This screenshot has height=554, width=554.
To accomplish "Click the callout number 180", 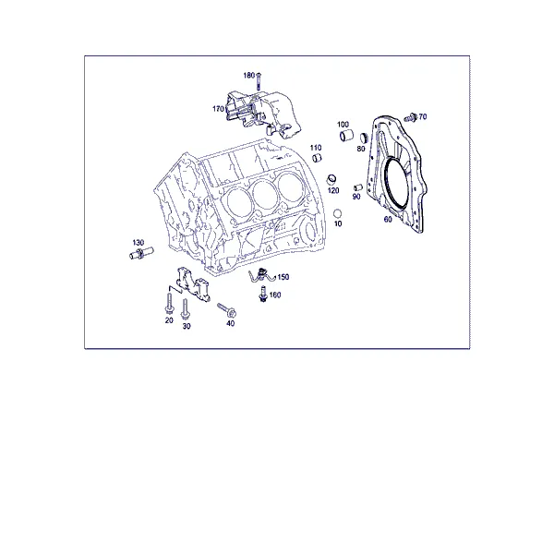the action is (248, 76).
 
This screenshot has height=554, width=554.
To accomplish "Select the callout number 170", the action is (218, 109).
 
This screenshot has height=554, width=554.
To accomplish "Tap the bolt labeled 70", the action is (410, 117).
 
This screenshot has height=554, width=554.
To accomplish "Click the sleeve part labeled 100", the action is (346, 136).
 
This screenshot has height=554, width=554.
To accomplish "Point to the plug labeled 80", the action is (365, 138).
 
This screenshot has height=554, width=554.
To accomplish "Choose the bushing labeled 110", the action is (317, 158).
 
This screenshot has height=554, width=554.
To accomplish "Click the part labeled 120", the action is (331, 179).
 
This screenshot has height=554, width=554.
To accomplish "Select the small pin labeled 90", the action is (358, 187).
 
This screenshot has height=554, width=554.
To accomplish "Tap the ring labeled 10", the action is (338, 213).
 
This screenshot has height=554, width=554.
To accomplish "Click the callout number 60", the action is (388, 220).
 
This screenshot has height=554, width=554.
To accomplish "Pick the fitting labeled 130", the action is (141, 253).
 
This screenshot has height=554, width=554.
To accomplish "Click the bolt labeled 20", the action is (169, 304).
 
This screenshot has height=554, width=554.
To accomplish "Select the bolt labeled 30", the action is (185, 309).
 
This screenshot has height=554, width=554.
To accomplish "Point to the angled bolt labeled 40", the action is (227, 310).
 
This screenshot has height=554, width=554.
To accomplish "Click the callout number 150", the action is (283, 277).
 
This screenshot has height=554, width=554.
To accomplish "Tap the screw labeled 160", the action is (262, 294).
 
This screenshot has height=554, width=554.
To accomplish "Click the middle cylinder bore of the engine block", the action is (263, 194).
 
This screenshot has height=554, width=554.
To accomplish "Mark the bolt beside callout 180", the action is (258, 81).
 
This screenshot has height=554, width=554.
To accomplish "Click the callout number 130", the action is (138, 243).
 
